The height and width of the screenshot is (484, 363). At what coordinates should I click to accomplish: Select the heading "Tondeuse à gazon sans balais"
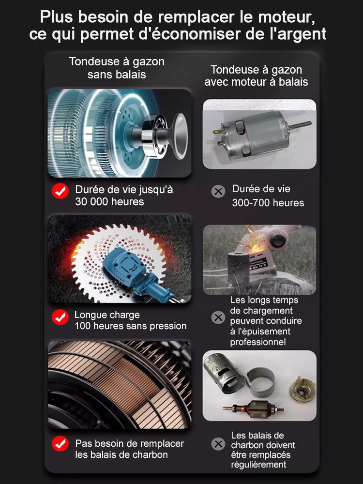(x=117, y=68)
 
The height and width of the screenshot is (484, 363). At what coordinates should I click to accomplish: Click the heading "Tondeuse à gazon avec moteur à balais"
(x=256, y=76)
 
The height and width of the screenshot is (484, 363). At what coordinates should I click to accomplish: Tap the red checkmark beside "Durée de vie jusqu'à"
(x=60, y=191)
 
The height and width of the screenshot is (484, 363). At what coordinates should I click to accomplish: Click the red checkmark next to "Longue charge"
(x=60, y=318)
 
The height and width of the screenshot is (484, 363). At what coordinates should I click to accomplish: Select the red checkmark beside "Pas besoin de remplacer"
(x=60, y=443)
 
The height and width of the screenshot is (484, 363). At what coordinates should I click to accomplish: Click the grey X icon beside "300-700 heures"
(x=219, y=191)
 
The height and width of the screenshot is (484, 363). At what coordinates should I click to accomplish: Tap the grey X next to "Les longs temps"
(x=219, y=318)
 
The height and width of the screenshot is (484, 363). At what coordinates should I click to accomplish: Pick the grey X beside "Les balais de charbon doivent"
(x=219, y=443)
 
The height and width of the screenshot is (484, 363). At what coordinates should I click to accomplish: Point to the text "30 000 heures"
(x=109, y=202)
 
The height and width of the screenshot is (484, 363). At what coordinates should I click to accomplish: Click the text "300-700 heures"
(x=268, y=203)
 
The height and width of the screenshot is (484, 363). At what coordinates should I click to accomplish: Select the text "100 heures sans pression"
(x=130, y=326)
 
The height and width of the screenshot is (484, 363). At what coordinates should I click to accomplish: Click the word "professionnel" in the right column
(x=257, y=342)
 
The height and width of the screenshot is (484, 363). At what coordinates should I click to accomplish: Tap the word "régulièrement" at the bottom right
(x=258, y=465)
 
